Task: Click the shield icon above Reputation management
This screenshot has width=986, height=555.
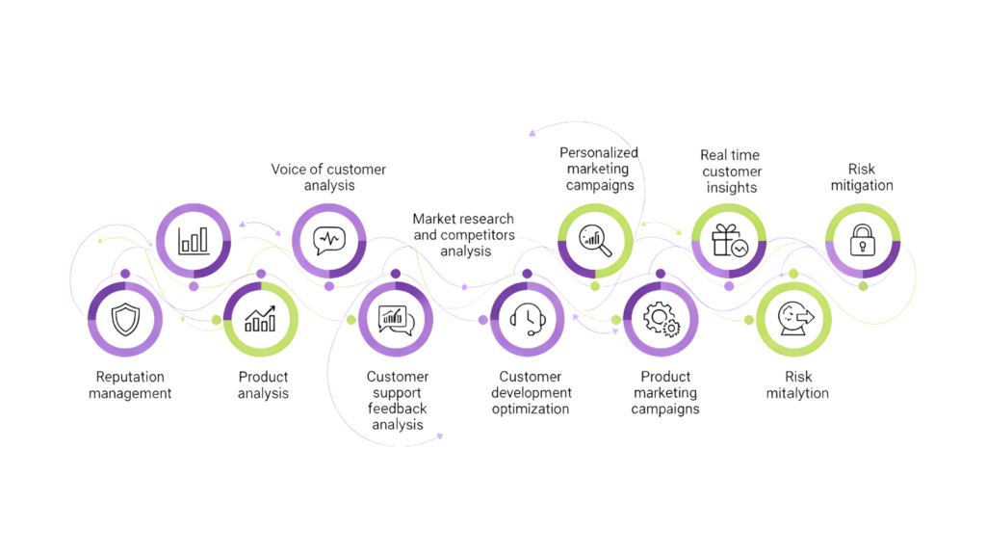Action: coord(125,319)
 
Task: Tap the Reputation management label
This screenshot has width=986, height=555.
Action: coord(130,384)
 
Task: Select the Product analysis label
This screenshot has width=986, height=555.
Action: coord(263,384)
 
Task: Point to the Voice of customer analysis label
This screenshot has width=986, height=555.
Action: coord(328,177)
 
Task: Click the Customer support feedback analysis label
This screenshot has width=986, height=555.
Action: coord(398,399)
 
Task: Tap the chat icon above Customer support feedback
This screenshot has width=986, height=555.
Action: coord(396,319)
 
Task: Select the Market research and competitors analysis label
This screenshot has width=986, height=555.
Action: coord(463,235)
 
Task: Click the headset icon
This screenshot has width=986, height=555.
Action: coord(528,319)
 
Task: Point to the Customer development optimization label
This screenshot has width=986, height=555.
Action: coord(531,392)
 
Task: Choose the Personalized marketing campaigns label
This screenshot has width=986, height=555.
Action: coord(598,169)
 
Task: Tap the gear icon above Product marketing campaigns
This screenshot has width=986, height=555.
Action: coord(661,319)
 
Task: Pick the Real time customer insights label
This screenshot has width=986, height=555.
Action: coord(731,171)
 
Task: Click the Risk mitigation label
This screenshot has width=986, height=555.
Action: coord(862,177)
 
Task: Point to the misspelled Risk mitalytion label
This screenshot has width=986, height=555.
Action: coord(797,384)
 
